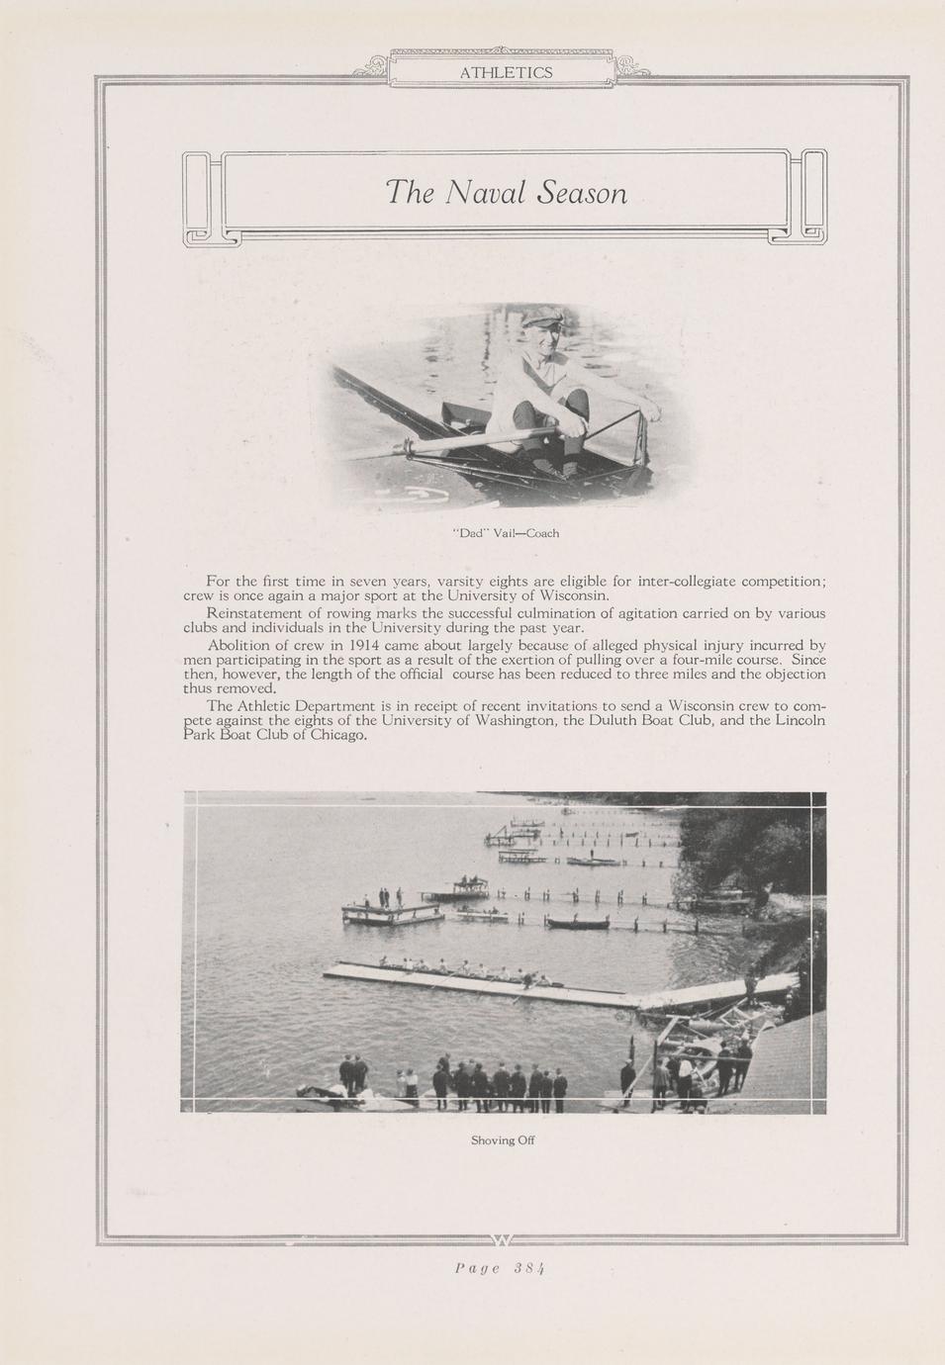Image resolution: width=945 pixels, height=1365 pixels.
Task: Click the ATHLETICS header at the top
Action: (506, 72)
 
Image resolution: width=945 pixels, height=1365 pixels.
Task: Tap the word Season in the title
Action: (581, 192)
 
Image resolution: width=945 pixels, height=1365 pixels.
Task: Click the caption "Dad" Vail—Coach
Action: (506, 533)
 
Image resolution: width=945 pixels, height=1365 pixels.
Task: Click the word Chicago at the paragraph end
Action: (339, 735)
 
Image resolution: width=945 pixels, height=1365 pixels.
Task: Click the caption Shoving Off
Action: (503, 1139)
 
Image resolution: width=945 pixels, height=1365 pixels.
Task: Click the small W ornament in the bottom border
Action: (502, 1240)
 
